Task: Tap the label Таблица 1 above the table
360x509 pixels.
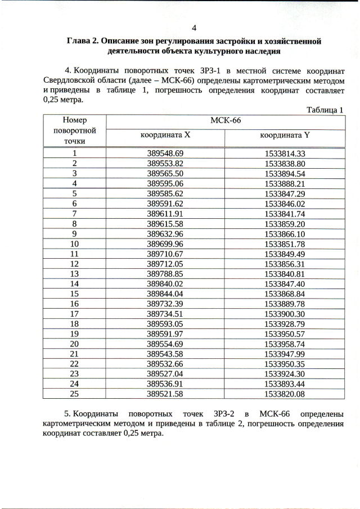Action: pyautogui.click(x=325, y=110)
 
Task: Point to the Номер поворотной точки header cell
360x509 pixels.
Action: pyautogui.click(x=75, y=130)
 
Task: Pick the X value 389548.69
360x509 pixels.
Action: pyautogui.click(x=165, y=154)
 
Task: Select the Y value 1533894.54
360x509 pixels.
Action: pyautogui.click(x=285, y=174)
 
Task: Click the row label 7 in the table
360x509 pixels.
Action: pyautogui.click(x=74, y=214)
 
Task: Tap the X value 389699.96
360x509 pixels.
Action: pyautogui.click(x=165, y=244)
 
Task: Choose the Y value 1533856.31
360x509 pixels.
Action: pyautogui.click(x=285, y=264)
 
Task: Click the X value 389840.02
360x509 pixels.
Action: pyautogui.click(x=165, y=284)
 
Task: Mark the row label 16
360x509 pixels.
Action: pyautogui.click(x=74, y=304)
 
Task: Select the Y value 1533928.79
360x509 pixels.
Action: pyautogui.click(x=285, y=324)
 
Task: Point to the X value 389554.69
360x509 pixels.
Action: pyautogui.click(x=165, y=344)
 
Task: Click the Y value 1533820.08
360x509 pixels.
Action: pyautogui.click(x=285, y=394)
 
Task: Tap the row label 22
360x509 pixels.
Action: pyautogui.click(x=74, y=364)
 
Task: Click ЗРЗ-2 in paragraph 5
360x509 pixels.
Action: pyautogui.click(x=226, y=415)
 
